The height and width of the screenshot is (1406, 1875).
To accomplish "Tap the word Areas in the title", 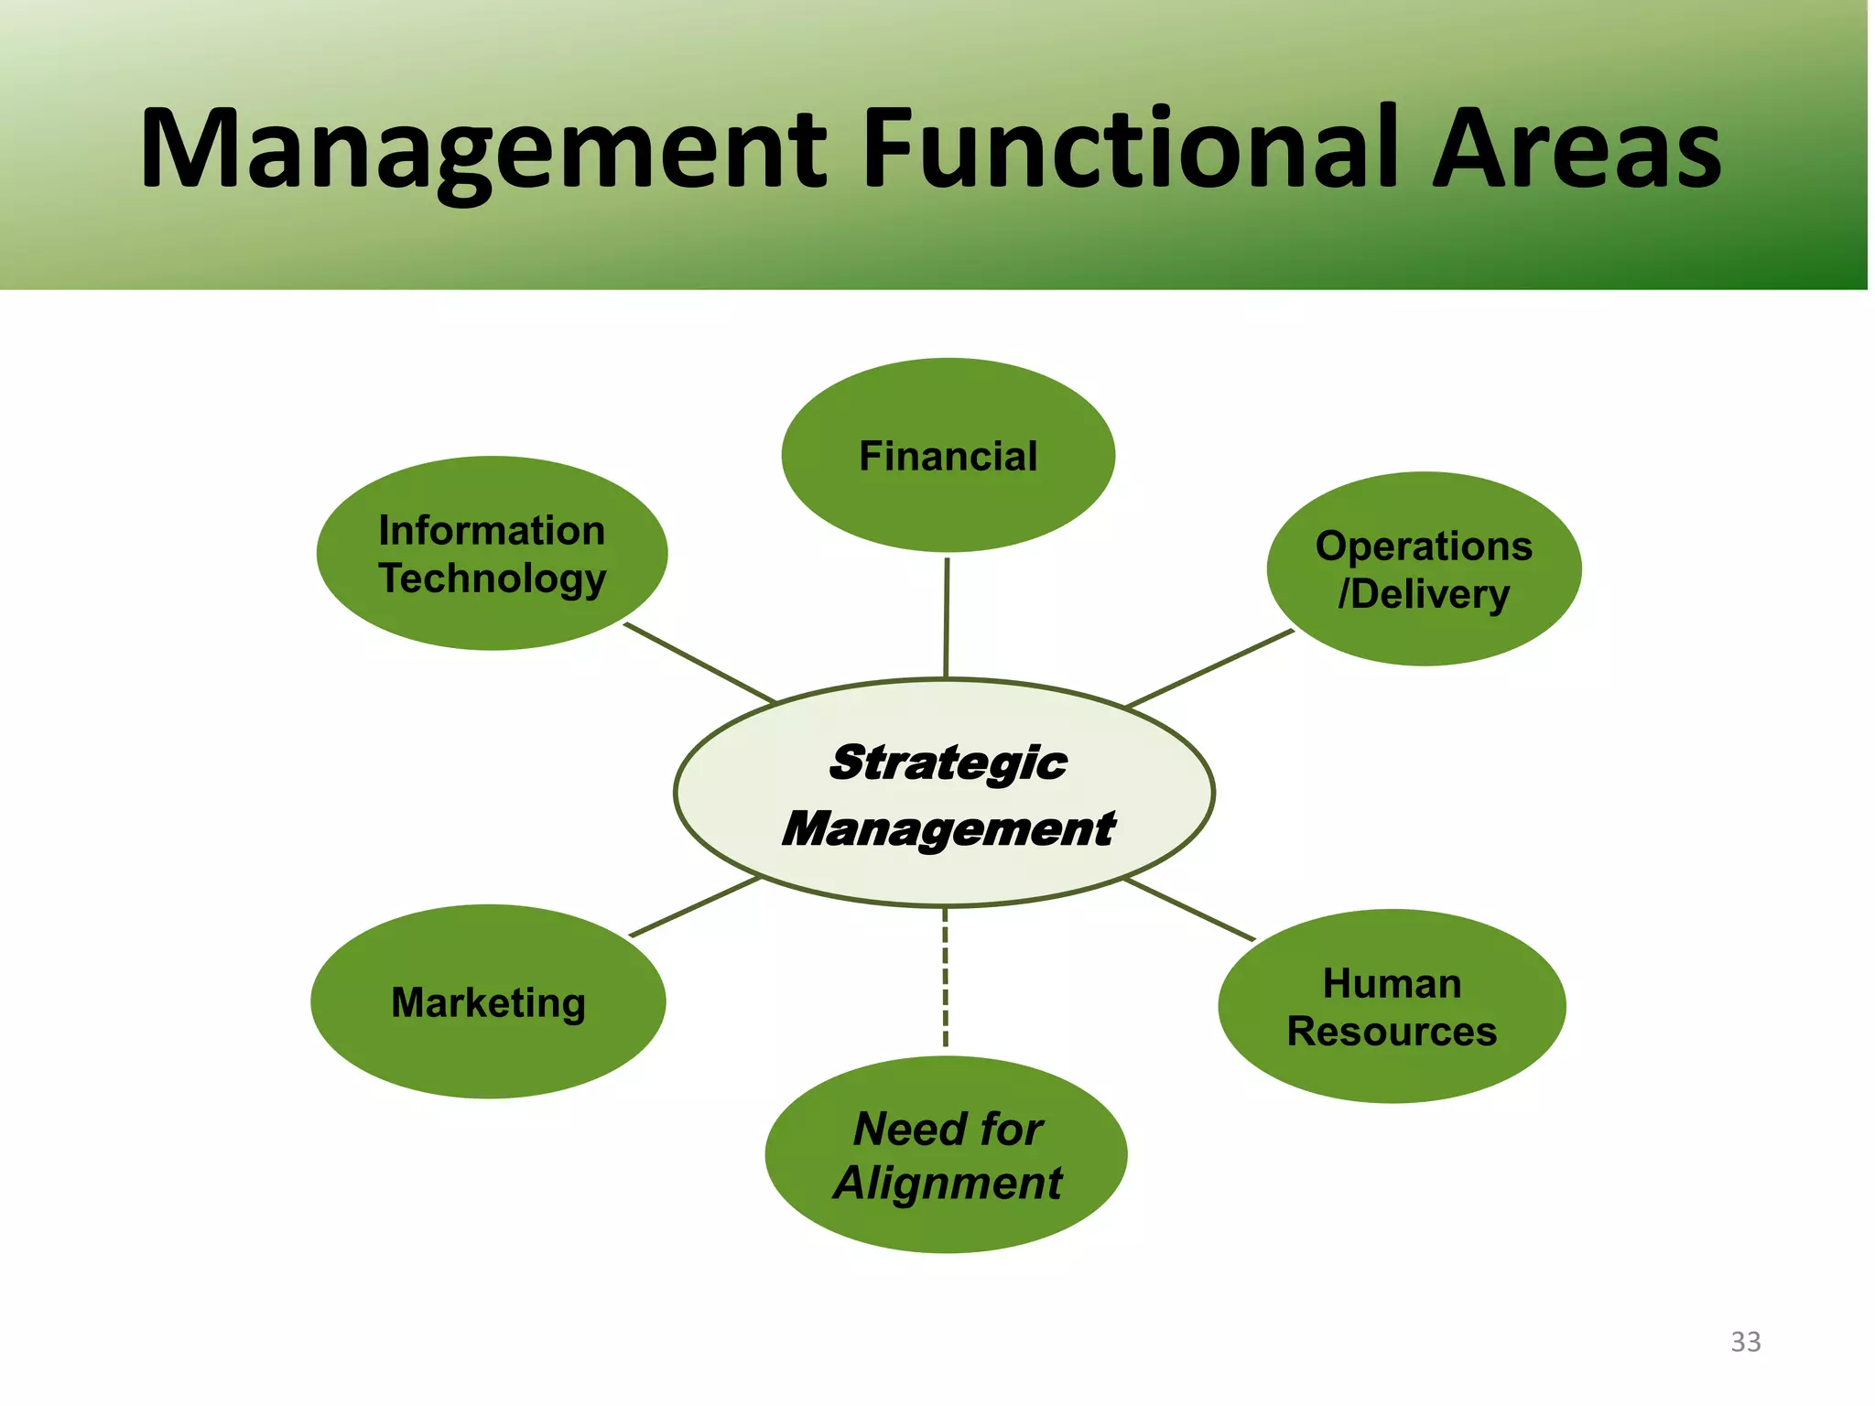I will point(1576,148).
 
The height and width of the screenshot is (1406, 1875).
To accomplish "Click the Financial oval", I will point(948,455).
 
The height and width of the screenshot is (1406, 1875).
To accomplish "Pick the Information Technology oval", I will point(492,554).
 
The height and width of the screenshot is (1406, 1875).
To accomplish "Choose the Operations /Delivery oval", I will point(1424,569).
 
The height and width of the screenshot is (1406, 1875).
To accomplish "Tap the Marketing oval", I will point(488,1001).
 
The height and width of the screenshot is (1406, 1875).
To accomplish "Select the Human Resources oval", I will point(1392,1007).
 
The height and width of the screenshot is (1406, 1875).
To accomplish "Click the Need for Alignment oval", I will point(947,1155).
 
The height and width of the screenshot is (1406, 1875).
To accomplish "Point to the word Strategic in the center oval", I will point(947,762).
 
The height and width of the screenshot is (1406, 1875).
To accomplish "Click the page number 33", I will point(1745,1342).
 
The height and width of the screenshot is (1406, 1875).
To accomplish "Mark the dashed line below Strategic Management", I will point(945,978).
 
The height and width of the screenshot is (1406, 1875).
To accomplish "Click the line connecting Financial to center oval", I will point(947,617).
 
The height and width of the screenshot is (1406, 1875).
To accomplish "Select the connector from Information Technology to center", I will point(699,663).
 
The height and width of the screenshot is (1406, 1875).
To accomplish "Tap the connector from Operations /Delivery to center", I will point(1208,668).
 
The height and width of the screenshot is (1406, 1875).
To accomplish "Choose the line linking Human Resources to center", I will point(1188,909).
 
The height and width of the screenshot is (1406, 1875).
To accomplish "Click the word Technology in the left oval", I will point(492,579).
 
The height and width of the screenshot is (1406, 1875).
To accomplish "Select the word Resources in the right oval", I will point(1392,1032).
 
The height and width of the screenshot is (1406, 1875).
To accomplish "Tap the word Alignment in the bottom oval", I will point(947,1183).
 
